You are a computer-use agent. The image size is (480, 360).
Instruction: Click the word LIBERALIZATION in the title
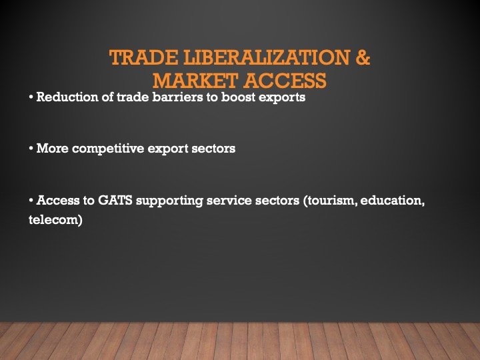(x=256, y=58)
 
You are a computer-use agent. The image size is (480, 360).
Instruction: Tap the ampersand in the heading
(x=361, y=58)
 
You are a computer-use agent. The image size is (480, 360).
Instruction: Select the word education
(x=394, y=200)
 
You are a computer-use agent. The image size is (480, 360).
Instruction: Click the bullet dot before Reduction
(x=31, y=99)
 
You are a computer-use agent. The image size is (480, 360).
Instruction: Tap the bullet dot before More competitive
(x=31, y=149)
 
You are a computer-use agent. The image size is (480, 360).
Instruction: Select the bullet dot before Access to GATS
(x=31, y=201)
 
